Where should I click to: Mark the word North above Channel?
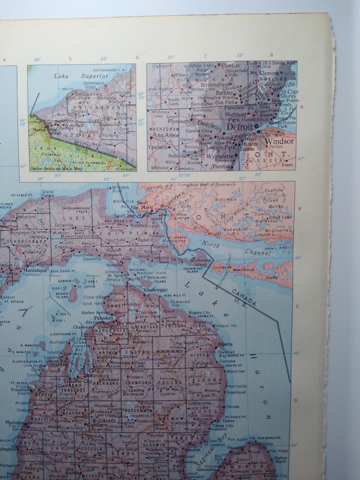pos(211,243)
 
